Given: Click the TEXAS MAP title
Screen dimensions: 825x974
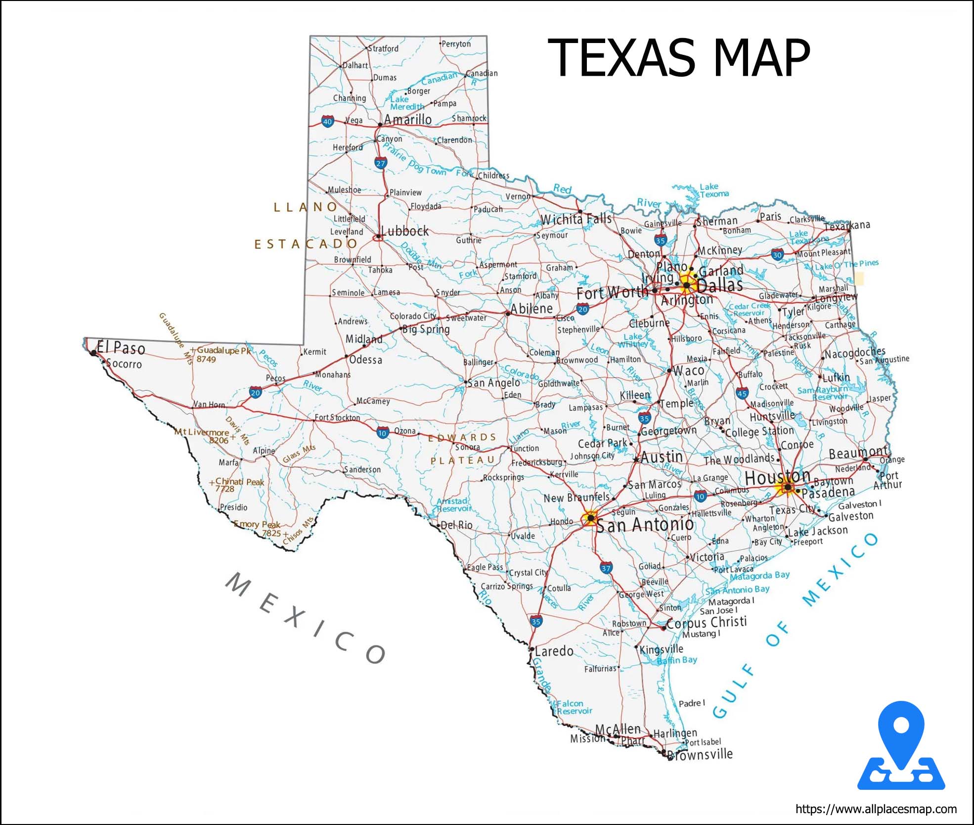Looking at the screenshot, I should (678, 58).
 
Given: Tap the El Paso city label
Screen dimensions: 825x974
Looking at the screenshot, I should (121, 348).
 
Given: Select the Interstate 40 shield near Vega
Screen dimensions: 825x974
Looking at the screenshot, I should (327, 121).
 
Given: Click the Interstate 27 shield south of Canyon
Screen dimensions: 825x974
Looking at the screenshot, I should (380, 163).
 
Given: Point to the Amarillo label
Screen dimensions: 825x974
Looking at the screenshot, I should (407, 120).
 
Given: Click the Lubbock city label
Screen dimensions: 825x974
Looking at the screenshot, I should (405, 231).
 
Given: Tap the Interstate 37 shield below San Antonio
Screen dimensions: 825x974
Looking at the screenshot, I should (606, 568).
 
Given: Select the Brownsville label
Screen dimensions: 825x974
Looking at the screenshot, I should (700, 754).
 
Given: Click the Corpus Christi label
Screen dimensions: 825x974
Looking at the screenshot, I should (707, 623).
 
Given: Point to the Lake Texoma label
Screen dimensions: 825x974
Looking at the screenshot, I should (713, 190).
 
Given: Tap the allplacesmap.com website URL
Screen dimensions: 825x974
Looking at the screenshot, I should (876, 809).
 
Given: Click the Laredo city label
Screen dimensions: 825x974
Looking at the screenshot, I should (554, 651).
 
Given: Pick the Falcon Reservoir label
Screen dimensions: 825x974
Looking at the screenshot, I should (574, 707).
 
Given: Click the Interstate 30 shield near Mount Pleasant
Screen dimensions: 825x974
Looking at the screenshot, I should (777, 255).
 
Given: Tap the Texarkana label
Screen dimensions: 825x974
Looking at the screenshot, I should (847, 226).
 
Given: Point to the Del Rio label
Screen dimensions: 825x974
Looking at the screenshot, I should (456, 525).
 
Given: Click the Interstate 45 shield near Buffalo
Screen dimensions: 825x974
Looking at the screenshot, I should (742, 394).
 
